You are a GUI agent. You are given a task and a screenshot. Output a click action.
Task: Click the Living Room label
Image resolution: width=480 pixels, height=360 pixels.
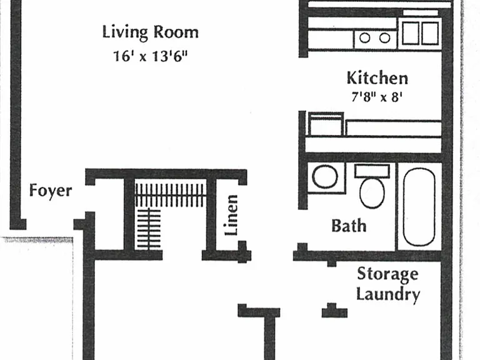coord(150,32)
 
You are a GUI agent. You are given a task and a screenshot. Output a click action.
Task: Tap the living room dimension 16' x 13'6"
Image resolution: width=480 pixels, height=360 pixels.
coord(150,56)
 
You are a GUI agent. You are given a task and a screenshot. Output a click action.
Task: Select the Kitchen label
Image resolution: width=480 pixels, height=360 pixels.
coord(377,78)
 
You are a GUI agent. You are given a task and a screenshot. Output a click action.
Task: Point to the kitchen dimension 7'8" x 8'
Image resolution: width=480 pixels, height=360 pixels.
coord(376,97)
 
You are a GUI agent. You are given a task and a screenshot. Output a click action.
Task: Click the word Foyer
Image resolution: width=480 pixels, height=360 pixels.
coord(51,191)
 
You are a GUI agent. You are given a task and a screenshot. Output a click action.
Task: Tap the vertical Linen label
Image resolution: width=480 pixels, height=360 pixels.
coord(231,215)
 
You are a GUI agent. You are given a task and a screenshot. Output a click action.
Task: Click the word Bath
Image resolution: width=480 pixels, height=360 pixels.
coord(349,226)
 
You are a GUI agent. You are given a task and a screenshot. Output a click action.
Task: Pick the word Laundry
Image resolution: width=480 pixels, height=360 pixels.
coord(388,294)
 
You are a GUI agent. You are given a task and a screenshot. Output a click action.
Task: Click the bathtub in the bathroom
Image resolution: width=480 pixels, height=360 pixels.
coord(419,207)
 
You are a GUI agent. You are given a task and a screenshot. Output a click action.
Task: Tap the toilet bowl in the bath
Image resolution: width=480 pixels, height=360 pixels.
coord(372,193)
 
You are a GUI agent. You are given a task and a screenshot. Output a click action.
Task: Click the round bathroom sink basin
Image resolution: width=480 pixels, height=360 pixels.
coord(325,177)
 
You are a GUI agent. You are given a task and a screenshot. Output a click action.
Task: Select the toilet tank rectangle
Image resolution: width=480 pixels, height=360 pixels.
coord(372,171)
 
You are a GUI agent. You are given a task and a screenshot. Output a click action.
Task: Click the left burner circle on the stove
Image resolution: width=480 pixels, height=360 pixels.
coord(364,38)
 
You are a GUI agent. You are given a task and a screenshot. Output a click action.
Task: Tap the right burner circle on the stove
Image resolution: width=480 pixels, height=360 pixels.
coord(384,38)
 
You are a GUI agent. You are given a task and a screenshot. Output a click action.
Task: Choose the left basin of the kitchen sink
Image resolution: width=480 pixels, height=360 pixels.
coord(411,33)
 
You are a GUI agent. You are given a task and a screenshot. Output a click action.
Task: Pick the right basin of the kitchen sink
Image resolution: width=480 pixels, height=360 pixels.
coord(430,33)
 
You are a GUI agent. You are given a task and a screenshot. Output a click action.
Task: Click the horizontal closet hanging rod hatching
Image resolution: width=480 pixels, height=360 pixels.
coord(170,195)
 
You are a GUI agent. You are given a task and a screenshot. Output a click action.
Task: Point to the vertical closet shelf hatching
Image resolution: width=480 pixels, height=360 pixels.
coord(149,229)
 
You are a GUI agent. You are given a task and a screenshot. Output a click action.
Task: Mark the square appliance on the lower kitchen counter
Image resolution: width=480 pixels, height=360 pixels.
coord(326,124)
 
